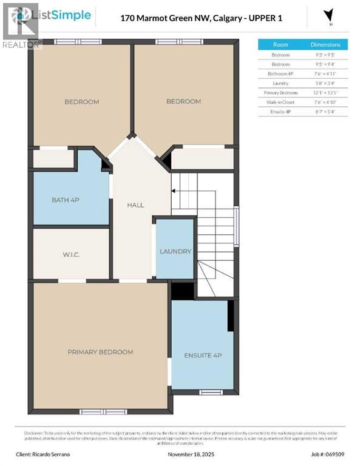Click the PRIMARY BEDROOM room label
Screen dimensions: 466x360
tap(100, 352)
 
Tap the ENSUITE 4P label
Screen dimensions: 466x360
tap(202, 354)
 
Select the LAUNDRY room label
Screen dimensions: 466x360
tap(175, 251)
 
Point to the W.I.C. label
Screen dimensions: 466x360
tap(71, 255)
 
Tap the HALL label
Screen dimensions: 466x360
tap(135, 205)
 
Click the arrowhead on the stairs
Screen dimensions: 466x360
tap(173, 191)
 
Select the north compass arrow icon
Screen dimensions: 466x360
tap(328, 15)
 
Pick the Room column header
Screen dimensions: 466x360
tap(280, 45)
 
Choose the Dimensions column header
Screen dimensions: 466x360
tap(325, 45)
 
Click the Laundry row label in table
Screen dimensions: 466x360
tap(280, 83)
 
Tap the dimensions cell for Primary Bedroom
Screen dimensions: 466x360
tap(325, 92)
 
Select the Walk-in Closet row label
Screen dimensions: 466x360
tap(280, 102)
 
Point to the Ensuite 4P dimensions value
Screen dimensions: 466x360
tap(325, 111)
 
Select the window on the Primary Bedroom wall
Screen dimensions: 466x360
tap(94, 411)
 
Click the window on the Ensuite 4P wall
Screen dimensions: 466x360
tap(211, 393)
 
